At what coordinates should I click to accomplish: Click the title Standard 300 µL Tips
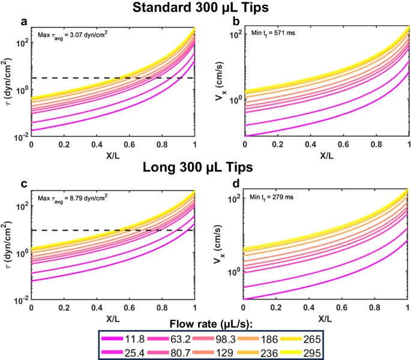205,8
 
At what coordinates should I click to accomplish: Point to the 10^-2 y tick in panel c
20,299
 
